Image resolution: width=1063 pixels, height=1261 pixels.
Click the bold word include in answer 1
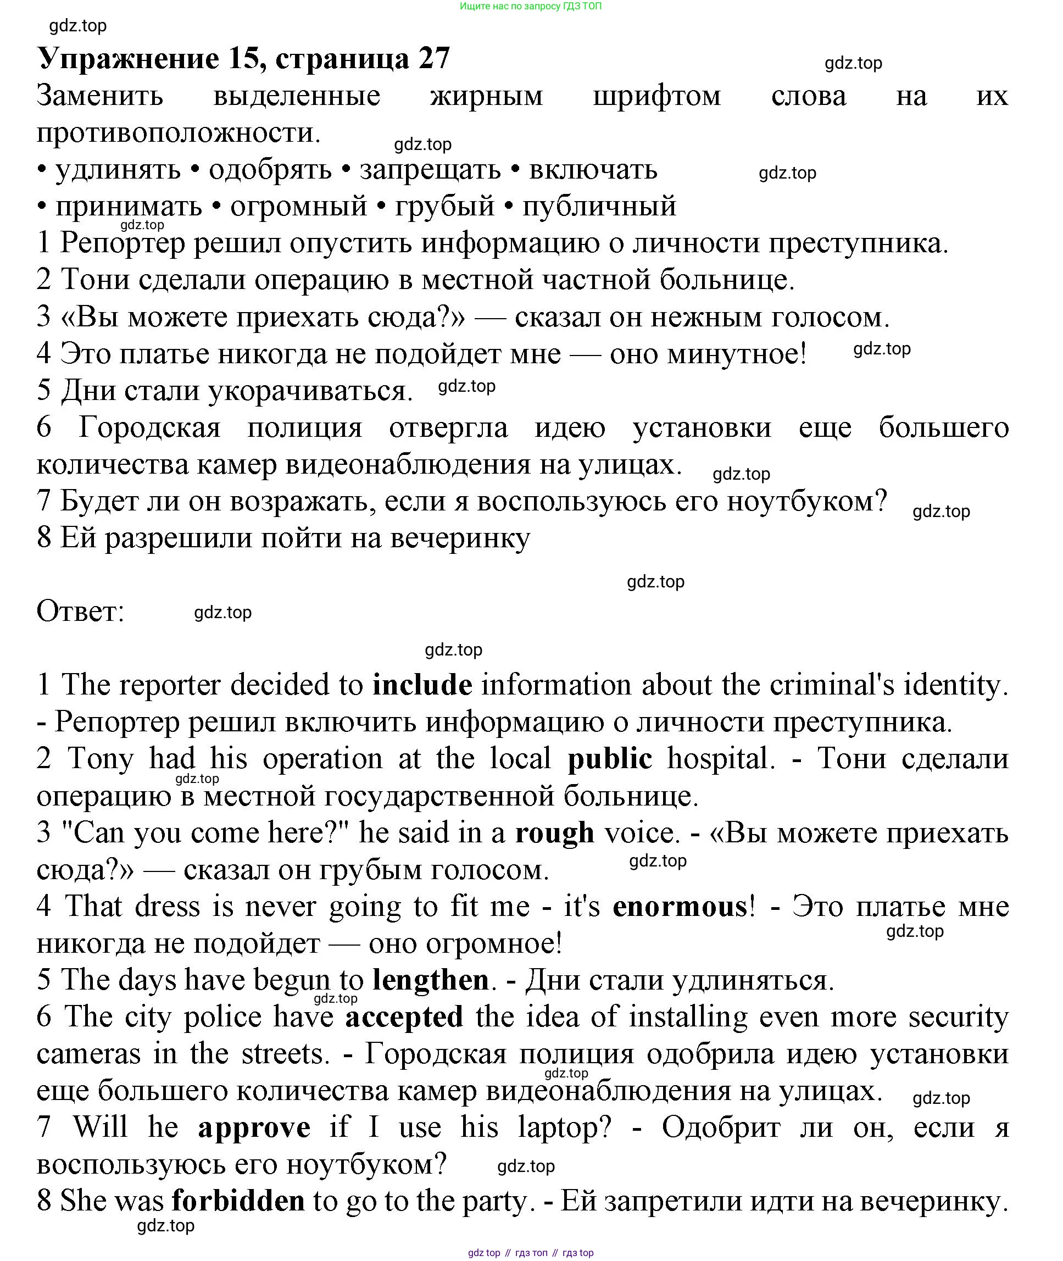point(422,685)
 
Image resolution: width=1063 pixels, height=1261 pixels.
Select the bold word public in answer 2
point(609,759)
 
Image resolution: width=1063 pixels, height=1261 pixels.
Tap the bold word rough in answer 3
point(554,833)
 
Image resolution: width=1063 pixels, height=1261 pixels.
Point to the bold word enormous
point(680,907)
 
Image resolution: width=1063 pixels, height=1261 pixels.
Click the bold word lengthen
point(430,980)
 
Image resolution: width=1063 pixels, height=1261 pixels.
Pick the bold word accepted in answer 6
point(404,1017)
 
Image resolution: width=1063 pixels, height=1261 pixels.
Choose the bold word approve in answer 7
point(254,1128)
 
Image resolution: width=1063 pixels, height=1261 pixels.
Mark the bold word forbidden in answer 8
point(238,1201)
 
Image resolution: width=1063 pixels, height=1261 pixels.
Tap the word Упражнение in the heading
point(129,58)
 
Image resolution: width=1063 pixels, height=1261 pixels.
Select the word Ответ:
point(80,611)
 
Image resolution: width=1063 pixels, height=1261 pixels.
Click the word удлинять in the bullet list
point(118,170)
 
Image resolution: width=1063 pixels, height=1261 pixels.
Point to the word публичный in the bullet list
point(599,207)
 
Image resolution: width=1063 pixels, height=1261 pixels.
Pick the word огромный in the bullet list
point(298,207)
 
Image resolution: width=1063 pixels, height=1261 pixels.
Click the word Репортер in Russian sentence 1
point(123,243)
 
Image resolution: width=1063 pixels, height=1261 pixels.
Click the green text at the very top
point(530,6)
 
